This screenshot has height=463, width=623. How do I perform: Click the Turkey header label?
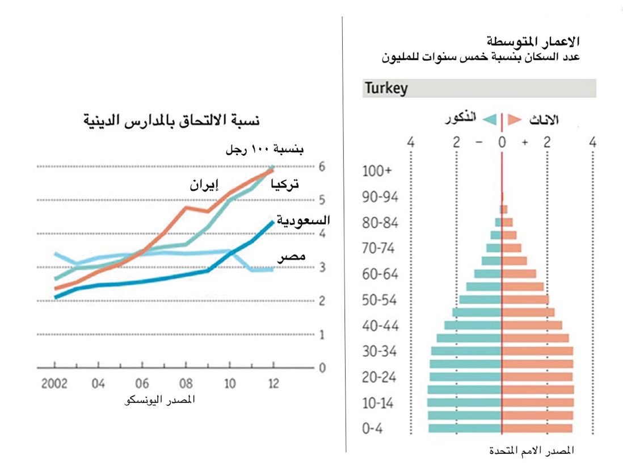[x=386, y=89]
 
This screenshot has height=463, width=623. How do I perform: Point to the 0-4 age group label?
[x=372, y=429]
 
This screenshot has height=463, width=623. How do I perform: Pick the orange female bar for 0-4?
[x=537, y=429]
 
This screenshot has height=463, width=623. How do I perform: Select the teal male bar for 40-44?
[x=473, y=326]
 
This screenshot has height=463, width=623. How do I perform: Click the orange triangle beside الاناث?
[x=515, y=119]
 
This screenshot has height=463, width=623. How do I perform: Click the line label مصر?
[x=292, y=257]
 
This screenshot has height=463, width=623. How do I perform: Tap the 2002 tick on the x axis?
[x=54, y=383]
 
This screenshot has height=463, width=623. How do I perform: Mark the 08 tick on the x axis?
[x=186, y=383]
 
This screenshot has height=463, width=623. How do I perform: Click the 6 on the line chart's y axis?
[x=322, y=166]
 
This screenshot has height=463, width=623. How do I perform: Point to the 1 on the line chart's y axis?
[x=322, y=335]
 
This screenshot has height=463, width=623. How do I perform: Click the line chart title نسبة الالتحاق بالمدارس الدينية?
[x=171, y=120]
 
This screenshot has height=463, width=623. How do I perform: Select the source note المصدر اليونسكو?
[x=159, y=401]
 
